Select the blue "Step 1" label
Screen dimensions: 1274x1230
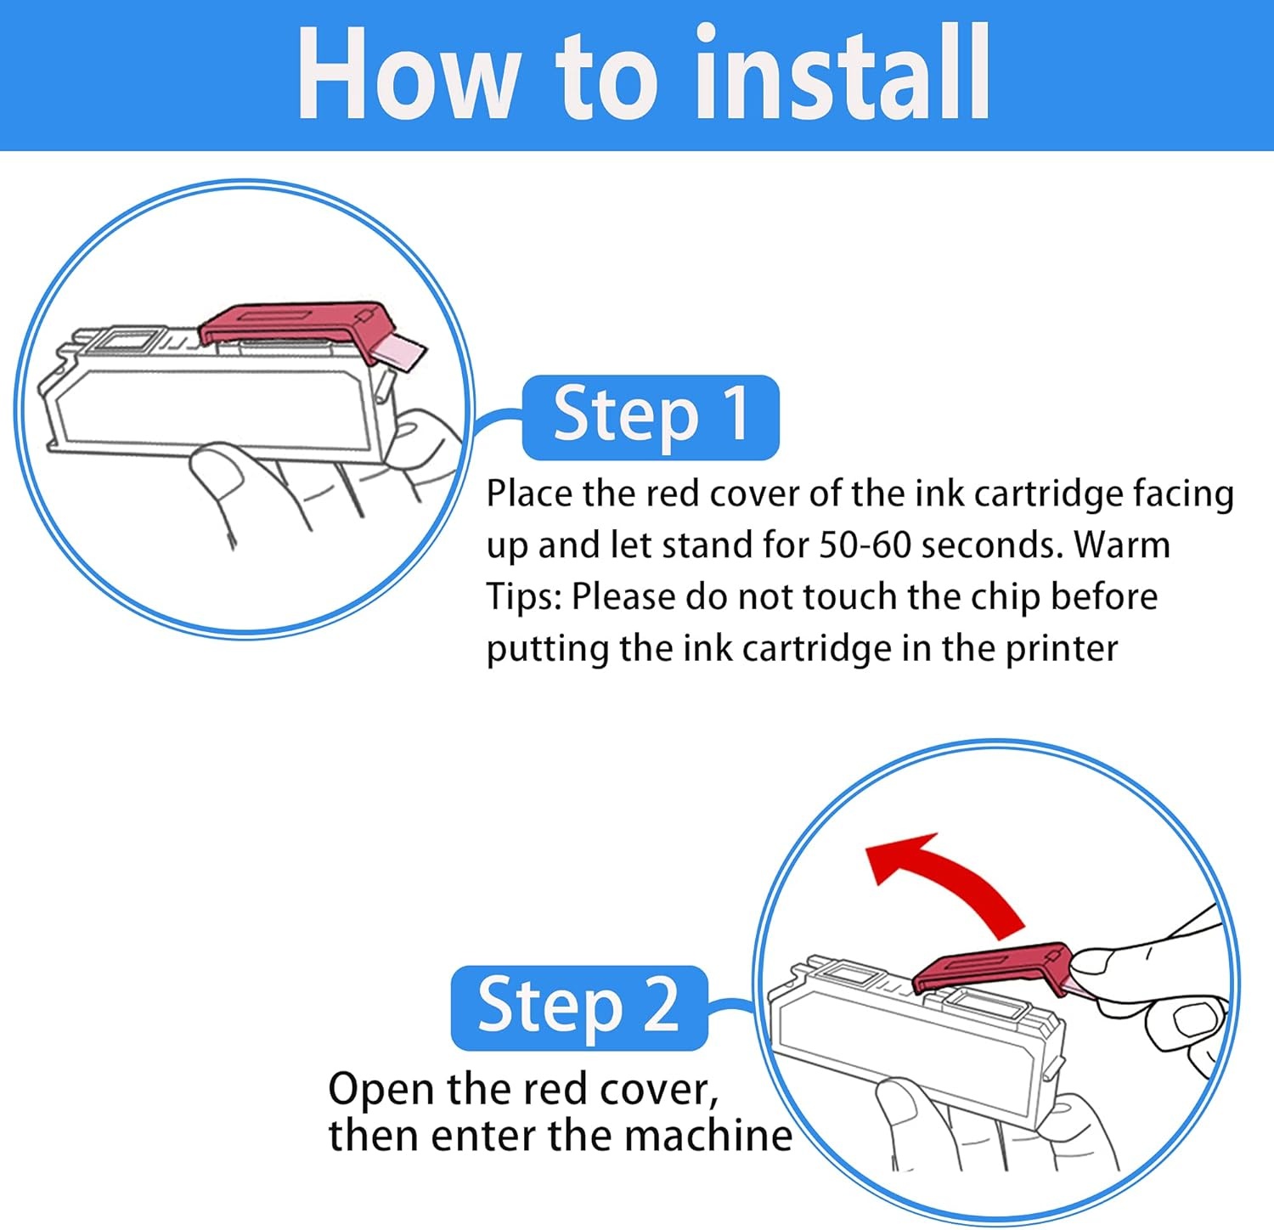tap(651, 416)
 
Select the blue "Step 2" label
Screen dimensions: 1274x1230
tap(578, 1007)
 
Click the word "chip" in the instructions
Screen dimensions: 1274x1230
tap(1005, 598)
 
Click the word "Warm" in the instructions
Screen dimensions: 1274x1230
tap(1122, 545)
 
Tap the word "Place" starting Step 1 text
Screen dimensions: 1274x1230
tap(529, 494)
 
